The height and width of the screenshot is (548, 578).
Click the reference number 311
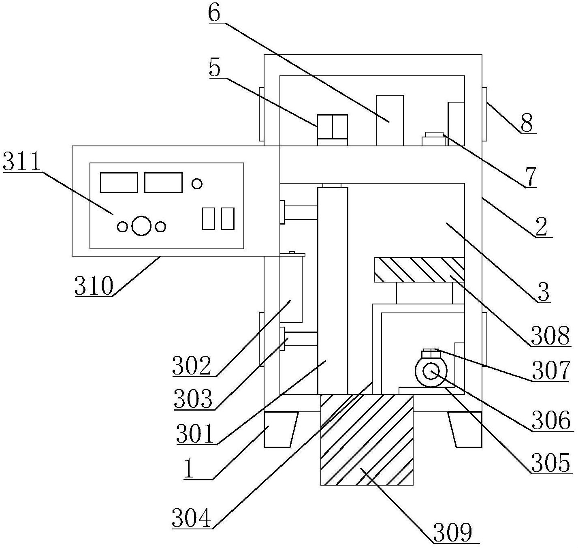(x=22, y=163)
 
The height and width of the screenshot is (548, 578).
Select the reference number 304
(x=192, y=518)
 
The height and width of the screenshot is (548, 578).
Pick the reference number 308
(x=550, y=336)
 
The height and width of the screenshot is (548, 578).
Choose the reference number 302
(x=192, y=366)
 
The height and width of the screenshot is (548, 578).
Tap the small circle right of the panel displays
(x=197, y=184)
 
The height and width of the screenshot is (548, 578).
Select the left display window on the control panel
(x=119, y=182)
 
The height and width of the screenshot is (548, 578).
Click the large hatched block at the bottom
(x=367, y=440)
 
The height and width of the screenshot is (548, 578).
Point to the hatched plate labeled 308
(x=419, y=270)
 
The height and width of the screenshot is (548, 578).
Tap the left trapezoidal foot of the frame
(x=280, y=429)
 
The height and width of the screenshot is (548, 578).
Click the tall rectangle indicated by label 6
(x=390, y=120)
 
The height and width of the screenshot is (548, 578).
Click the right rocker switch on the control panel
(x=228, y=218)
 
